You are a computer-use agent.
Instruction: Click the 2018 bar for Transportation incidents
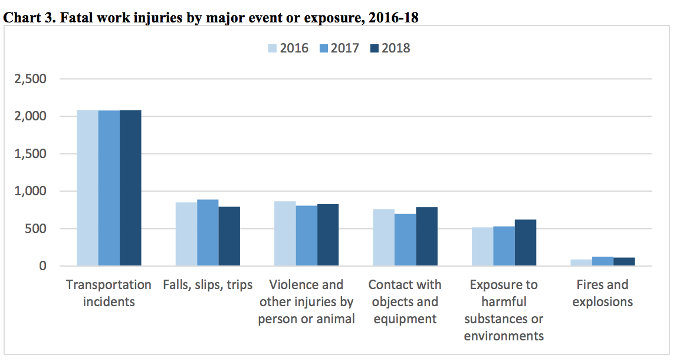click(x=130, y=188)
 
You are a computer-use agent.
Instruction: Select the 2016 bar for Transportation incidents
click(x=88, y=188)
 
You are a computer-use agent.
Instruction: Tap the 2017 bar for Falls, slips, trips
click(x=208, y=233)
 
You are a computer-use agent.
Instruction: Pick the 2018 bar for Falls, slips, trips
click(x=229, y=236)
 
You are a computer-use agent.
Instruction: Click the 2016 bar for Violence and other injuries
click(x=285, y=234)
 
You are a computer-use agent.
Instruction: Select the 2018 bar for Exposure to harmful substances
click(x=525, y=242)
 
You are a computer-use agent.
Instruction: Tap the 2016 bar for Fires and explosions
click(x=582, y=262)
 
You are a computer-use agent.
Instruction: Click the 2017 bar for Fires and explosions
click(x=603, y=261)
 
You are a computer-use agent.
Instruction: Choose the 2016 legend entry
click(x=288, y=48)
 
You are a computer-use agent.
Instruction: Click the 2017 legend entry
click(x=339, y=48)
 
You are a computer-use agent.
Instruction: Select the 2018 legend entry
click(x=389, y=48)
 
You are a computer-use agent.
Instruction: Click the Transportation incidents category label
click(x=109, y=293)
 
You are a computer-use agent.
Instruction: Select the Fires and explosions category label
click(x=602, y=293)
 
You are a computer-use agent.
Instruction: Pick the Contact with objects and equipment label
click(x=405, y=301)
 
